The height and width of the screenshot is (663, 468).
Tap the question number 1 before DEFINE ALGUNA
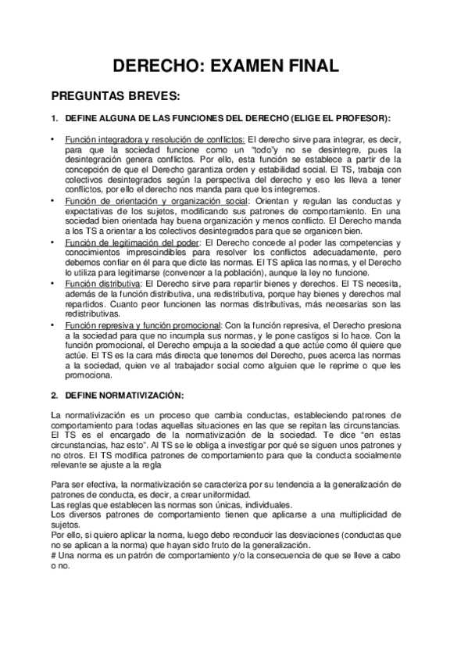coord(53,119)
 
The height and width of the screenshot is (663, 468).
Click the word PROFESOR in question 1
coord(362,119)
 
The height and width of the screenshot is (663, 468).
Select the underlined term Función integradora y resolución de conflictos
coord(154,139)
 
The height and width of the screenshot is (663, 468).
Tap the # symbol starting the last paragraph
coord(53,554)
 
